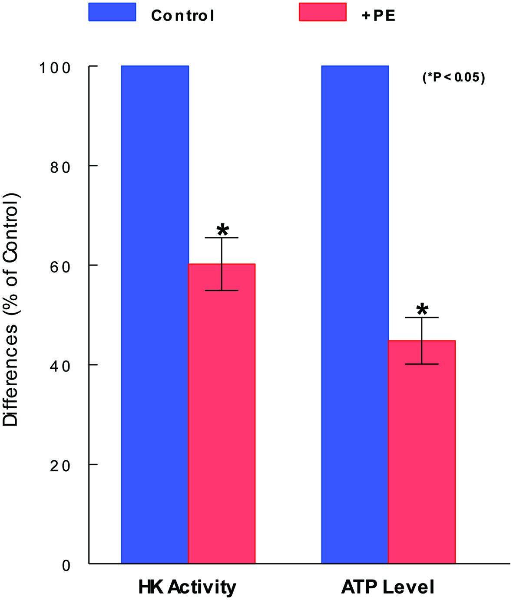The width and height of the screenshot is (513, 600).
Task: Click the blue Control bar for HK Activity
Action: (155, 315)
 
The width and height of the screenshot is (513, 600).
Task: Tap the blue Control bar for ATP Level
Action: (355, 315)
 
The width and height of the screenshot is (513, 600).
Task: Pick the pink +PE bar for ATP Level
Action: (422, 452)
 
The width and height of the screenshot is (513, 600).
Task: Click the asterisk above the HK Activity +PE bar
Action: (222, 230)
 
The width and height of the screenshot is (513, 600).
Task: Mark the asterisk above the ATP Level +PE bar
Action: (422, 309)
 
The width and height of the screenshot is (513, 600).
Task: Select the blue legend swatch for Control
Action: (112, 12)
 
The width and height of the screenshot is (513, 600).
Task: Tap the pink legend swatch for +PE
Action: (323, 12)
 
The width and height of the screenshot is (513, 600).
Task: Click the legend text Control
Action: (182, 16)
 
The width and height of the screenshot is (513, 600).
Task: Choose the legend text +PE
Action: (378, 16)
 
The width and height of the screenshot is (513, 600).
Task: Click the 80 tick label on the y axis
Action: (60, 167)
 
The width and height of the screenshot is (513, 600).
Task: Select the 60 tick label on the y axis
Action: (60, 266)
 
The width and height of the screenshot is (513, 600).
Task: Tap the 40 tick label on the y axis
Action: (60, 366)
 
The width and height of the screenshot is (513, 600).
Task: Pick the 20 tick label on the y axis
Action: (60, 466)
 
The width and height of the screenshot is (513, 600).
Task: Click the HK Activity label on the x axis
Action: (187, 587)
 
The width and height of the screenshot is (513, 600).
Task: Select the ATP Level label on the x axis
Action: (388, 587)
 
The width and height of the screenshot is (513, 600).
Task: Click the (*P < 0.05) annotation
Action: (453, 77)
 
